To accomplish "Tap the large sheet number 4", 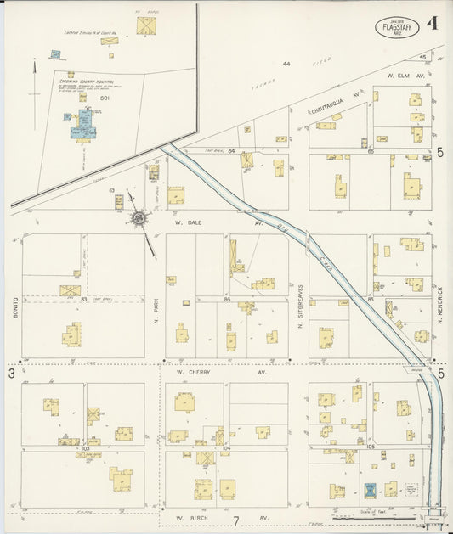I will pyautogui.click(x=433, y=24).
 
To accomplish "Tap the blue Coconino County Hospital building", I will pyautogui.click(x=84, y=127).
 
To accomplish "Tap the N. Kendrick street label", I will pyautogui.click(x=440, y=301).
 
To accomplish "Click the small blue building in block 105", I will pyautogui.click(x=369, y=490).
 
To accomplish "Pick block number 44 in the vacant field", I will pyautogui.click(x=286, y=64).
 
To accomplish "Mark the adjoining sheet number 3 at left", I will pyautogui.click(x=12, y=372).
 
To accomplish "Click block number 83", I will pyautogui.click(x=83, y=299).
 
